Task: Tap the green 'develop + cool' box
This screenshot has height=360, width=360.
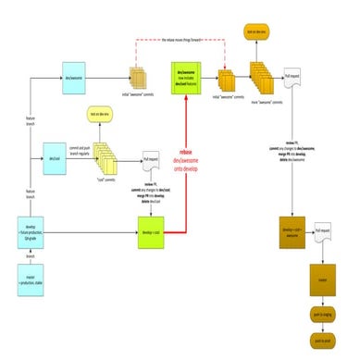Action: coord(151,225)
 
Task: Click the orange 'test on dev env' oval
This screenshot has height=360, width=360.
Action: coord(255,33)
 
